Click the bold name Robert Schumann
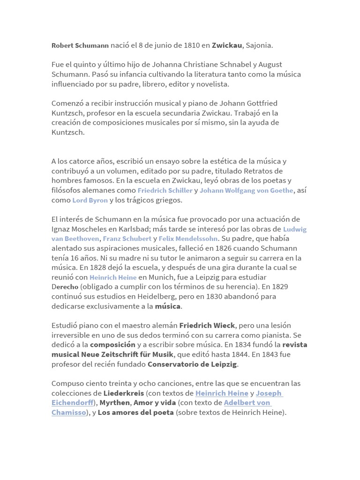(x=80, y=46)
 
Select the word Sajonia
(x=259, y=45)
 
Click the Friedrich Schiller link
(x=165, y=190)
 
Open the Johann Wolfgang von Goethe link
(x=247, y=190)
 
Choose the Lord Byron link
(x=90, y=200)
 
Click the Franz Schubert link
(x=127, y=239)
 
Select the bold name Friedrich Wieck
(x=207, y=325)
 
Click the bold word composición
(x=112, y=345)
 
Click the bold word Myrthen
(x=114, y=403)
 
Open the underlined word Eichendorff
(x=72, y=403)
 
